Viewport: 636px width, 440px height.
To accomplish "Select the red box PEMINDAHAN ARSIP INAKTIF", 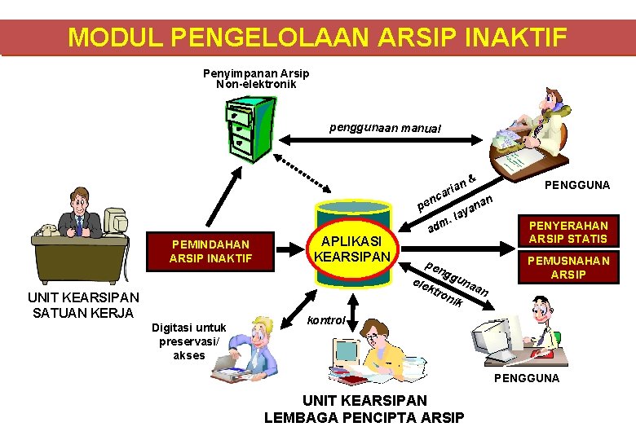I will point(209,251).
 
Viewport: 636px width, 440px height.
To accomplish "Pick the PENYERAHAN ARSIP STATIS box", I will point(568,231).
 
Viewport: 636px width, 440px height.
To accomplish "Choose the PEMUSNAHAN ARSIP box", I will point(568,267).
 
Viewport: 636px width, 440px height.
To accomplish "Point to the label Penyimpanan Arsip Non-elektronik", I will point(256,78).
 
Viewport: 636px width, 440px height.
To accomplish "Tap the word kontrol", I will point(327,320).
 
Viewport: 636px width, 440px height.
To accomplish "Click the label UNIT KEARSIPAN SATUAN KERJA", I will point(84,304).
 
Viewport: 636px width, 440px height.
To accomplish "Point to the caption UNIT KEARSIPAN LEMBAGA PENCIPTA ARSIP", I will point(364,409).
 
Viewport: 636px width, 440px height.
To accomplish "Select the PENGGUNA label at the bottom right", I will point(526,378).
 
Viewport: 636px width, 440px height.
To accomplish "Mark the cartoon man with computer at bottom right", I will point(522,330).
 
